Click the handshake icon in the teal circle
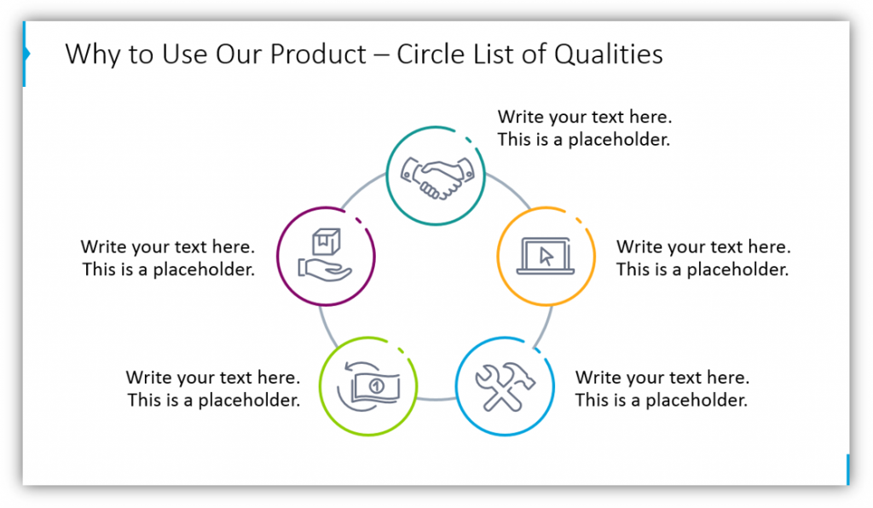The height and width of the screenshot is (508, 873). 437,177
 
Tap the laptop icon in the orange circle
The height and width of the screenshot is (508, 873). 546,256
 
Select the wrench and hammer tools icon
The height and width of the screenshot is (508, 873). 505,388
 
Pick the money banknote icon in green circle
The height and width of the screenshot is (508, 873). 368,386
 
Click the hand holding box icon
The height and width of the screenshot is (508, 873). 326,256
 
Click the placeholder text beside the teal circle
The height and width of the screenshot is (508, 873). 585,128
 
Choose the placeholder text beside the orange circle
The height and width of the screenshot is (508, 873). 703,258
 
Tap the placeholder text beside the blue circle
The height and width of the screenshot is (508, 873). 662,389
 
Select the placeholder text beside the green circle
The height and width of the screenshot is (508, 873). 213,389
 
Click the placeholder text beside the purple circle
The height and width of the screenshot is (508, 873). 168,258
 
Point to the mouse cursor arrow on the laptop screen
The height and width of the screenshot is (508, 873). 546,257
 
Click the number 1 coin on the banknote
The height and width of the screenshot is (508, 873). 377,386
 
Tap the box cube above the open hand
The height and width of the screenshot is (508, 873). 326,241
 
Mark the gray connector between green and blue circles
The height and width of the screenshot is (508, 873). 436,399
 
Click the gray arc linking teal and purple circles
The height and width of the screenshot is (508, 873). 361,189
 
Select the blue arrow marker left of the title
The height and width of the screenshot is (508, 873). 26,54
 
